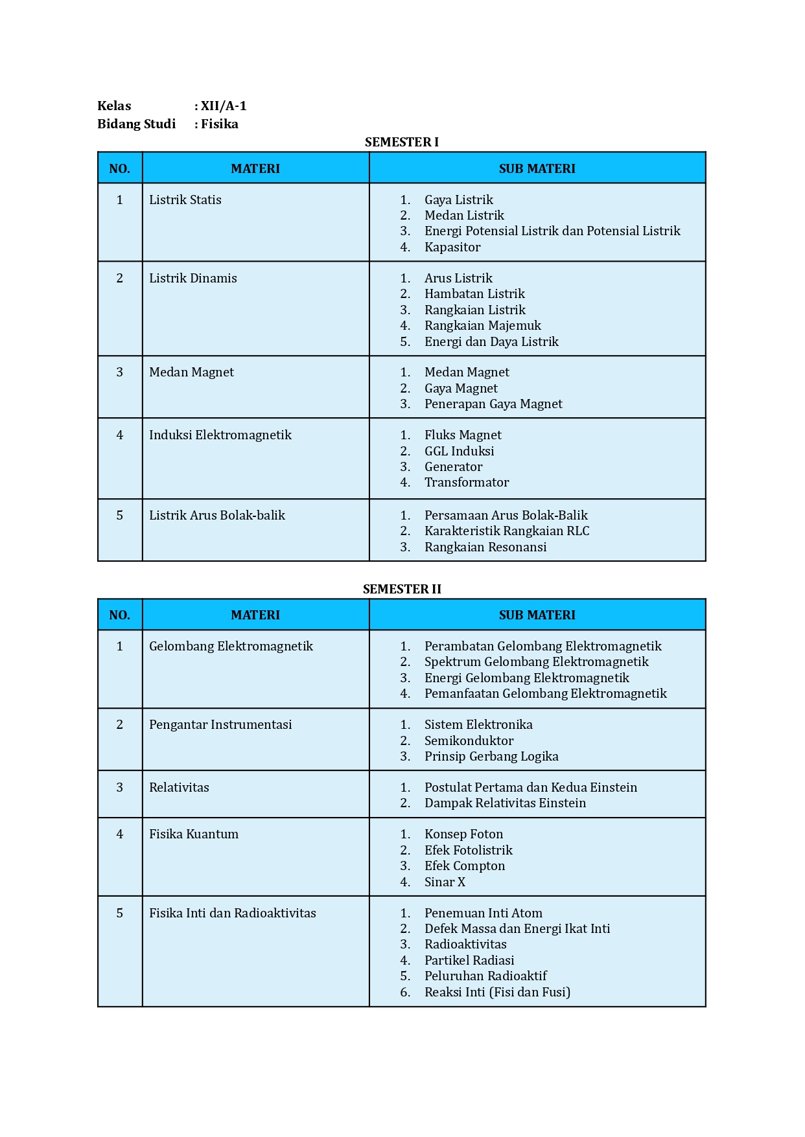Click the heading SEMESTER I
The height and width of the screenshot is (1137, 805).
coord(401,142)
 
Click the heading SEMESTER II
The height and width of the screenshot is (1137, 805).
coord(401,589)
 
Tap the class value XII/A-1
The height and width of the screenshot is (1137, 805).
coord(223,106)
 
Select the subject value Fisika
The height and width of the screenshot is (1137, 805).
coord(219,124)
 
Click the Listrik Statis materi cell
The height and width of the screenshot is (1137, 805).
coord(185,200)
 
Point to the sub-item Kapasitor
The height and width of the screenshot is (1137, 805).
coord(452,247)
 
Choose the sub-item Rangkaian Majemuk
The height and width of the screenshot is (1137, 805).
coord(482,325)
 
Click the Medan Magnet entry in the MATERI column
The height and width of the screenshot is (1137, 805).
coord(191,372)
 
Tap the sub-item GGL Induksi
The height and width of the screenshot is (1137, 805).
coord(459,451)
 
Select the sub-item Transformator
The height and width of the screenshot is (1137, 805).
coord(467,482)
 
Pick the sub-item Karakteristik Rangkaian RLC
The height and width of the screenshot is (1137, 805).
coord(507,531)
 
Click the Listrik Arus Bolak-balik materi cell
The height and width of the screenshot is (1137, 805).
coord(217,515)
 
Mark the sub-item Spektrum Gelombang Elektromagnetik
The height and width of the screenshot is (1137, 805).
coord(536,661)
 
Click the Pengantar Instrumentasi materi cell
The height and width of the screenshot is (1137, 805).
coord(220,724)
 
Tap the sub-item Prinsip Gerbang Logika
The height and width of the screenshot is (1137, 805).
coord(491,756)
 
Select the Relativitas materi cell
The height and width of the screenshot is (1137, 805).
coord(179,787)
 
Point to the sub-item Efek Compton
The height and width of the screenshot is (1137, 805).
coord(464,866)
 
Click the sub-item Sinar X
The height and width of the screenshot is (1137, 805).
coord(445,882)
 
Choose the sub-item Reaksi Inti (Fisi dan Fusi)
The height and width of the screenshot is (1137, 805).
coord(497,992)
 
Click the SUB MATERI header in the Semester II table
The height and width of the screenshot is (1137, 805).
coord(537,615)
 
